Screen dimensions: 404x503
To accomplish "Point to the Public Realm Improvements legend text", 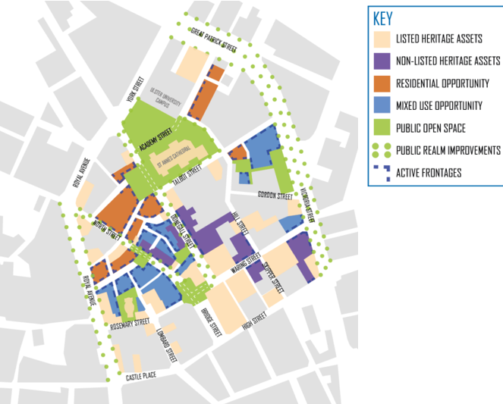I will [448, 150].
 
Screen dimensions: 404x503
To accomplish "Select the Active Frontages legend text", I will [429, 173].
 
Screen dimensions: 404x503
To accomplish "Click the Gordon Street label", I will [275, 196].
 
